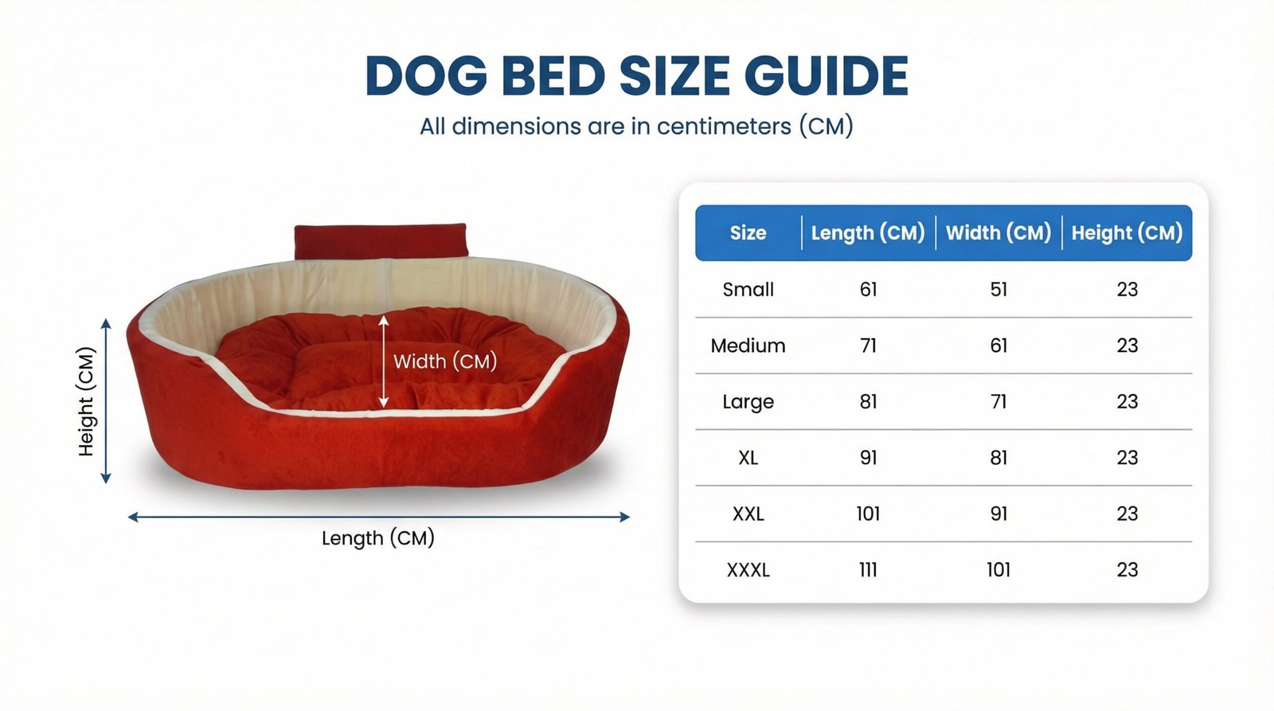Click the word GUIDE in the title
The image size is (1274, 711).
pyautogui.click(x=826, y=75)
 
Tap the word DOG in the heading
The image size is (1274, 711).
pyautogui.click(x=427, y=75)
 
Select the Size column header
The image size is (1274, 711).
pyautogui.click(x=748, y=232)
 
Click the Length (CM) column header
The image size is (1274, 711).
pyautogui.click(x=868, y=233)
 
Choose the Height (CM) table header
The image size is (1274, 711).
pyautogui.click(x=1127, y=233)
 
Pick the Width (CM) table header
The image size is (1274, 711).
pyautogui.click(x=998, y=233)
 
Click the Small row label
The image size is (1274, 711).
pyautogui.click(x=748, y=290)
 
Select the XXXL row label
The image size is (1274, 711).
pyautogui.click(x=748, y=570)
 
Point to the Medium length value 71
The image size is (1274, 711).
pyautogui.click(x=868, y=346)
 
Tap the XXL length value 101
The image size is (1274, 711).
pyautogui.click(x=868, y=514)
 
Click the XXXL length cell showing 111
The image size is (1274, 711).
pyautogui.click(x=868, y=570)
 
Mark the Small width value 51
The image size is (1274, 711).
pyautogui.click(x=998, y=290)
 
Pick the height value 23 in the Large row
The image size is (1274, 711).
pyautogui.click(x=1127, y=401)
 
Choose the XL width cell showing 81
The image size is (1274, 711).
pyautogui.click(x=998, y=458)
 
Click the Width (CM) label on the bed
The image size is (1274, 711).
pyautogui.click(x=445, y=361)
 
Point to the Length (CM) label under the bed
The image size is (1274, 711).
pyautogui.click(x=377, y=538)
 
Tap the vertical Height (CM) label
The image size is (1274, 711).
pyautogui.click(x=86, y=401)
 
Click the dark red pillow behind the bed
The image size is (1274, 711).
pyautogui.click(x=381, y=242)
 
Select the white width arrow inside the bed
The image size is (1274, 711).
pyautogui.click(x=384, y=361)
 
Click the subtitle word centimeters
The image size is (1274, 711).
pyautogui.click(x=724, y=126)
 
